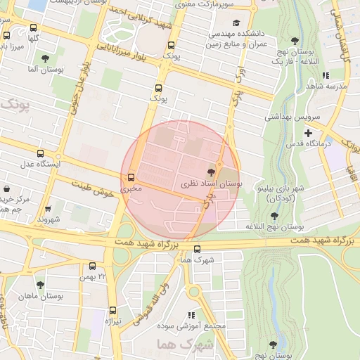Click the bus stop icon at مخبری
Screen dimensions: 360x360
tap(131, 177)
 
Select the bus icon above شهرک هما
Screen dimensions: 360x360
tap(196, 249)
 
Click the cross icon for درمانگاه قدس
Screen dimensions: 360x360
tap(308, 133)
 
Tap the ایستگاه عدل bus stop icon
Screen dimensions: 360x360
tap(40, 153)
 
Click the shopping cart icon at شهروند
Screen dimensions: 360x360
tap(48, 209)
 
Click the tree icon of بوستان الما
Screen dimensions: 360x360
tap(46, 58)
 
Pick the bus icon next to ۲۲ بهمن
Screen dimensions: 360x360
tap(92, 266)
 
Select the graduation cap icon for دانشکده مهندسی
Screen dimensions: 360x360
tap(236, 22)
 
